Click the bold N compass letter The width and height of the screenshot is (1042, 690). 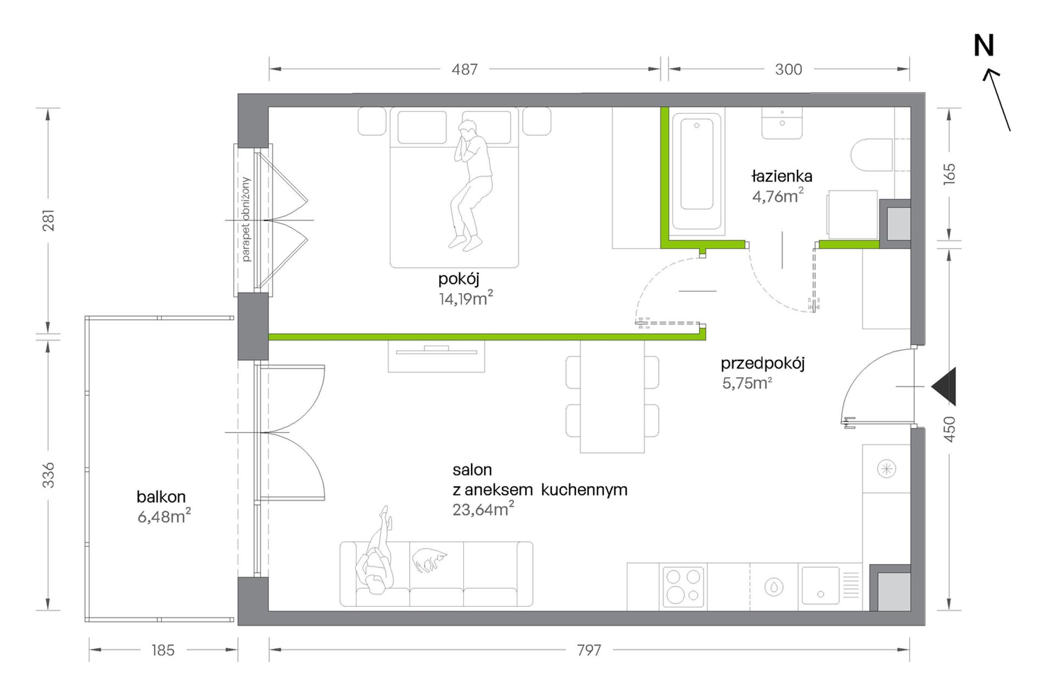tap(983, 46)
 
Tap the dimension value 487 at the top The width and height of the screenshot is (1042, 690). tap(465, 70)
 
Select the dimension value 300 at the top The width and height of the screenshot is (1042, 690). tap(789, 70)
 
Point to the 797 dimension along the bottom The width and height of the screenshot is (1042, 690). tap(589, 651)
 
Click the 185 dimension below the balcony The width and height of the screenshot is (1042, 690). tap(163, 651)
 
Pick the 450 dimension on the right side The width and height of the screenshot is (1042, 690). tap(949, 429)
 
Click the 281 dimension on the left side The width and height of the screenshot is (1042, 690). tap(49, 220)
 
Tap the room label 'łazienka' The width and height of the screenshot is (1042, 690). tap(781, 177)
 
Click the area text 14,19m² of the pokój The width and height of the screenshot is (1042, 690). tap(466, 298)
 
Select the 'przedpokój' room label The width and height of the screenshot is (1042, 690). tap(763, 364)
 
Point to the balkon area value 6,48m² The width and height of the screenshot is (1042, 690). tap(164, 516)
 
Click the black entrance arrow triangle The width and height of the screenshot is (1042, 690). tap(944, 387)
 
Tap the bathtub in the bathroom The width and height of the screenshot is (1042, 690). tap(696, 171)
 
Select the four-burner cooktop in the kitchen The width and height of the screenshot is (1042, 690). tap(683, 587)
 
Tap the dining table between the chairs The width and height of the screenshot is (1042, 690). tap(612, 397)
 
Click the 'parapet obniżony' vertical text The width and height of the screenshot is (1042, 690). tap(245, 219)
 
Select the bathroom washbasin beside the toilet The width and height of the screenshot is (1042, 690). tap(782, 123)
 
